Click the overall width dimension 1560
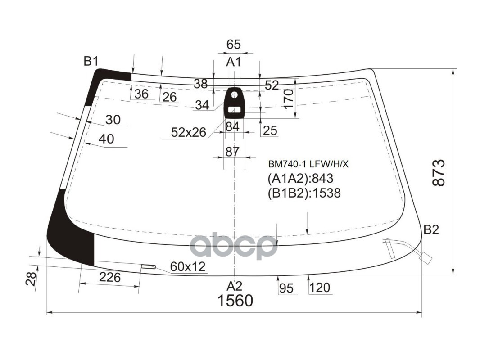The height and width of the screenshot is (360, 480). pyautogui.click(x=235, y=300)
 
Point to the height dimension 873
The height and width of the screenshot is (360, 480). pyautogui.click(x=439, y=173)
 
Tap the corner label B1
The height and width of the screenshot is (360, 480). pyautogui.click(x=91, y=62)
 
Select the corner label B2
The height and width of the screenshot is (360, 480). pyautogui.click(x=431, y=229)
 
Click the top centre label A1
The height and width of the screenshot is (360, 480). pyautogui.click(x=234, y=62)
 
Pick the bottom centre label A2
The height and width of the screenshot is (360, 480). pyautogui.click(x=235, y=286)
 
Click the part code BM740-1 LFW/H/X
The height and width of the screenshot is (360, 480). pyautogui.click(x=308, y=165)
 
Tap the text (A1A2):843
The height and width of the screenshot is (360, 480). pyautogui.click(x=300, y=178)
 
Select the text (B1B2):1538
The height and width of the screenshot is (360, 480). pyautogui.click(x=304, y=193)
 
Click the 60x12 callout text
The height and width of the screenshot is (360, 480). pyautogui.click(x=188, y=267)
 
